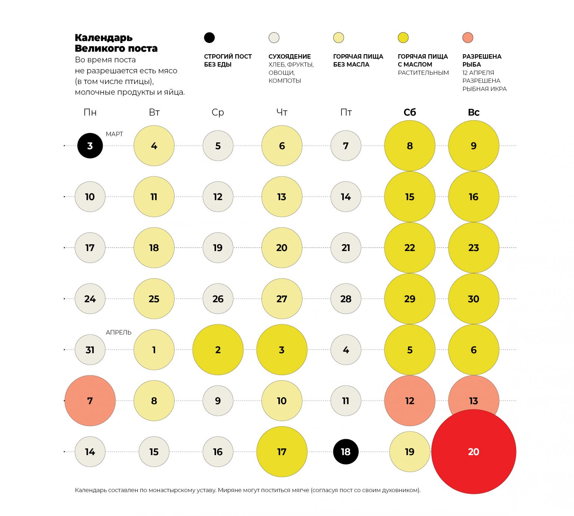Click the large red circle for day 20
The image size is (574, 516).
[x=473, y=452]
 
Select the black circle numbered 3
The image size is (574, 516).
[x=90, y=146]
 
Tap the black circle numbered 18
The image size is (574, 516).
[x=346, y=452]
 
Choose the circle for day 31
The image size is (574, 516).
[x=90, y=350]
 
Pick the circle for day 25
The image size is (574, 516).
[x=154, y=299]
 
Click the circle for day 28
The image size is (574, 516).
[x=346, y=299]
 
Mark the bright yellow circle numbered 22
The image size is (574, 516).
[x=410, y=248]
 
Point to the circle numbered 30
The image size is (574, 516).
[x=473, y=299]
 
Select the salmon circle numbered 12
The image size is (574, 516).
[x=410, y=401]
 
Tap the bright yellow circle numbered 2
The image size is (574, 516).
[x=218, y=350]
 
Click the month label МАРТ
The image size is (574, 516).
[x=114, y=134]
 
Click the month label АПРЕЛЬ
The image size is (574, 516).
[x=118, y=332]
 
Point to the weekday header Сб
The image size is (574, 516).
[x=410, y=112]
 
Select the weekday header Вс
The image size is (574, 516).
[x=473, y=112]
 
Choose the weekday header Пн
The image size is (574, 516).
[x=90, y=112]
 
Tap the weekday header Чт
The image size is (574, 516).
[x=282, y=112]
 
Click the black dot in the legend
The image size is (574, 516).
[x=209, y=38]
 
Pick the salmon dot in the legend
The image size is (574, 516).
[x=467, y=38]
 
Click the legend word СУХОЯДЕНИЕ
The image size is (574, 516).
[x=290, y=56]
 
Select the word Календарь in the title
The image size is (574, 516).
[x=104, y=38]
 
